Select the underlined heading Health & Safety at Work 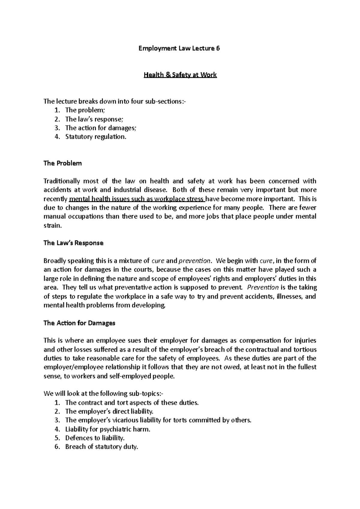pyautogui.click(x=180, y=75)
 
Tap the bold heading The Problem pyautogui.click(x=62, y=163)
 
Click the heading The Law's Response pyautogui.click(x=73, y=243)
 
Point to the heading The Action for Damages pyautogui.click(x=79, y=323)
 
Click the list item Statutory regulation pyautogui.click(x=96, y=137)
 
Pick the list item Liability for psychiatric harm pyautogui.click(x=107, y=429)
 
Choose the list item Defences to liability pyautogui.click(x=94, y=438)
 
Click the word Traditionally pyautogui.click(x=61, y=181)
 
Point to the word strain pyautogui.click(x=52, y=226)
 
